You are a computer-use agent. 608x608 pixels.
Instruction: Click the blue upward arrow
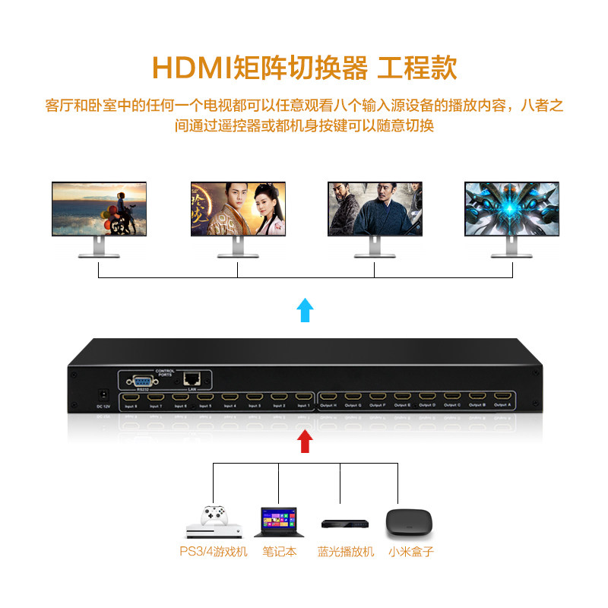[x=304, y=309]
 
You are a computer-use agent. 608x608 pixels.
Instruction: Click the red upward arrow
[x=304, y=441]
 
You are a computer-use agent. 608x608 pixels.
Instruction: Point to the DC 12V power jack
[x=103, y=396]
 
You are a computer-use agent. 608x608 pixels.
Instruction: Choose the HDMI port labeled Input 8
[x=131, y=397]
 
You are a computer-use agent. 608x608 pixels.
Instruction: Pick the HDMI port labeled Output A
[x=502, y=397]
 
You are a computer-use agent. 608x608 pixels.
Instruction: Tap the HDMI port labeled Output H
[x=328, y=397]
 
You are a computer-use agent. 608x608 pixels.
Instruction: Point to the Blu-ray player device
[x=344, y=524]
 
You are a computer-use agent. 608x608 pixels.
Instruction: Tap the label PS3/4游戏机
[x=213, y=553]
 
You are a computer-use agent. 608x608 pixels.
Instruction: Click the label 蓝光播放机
[x=346, y=553]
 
